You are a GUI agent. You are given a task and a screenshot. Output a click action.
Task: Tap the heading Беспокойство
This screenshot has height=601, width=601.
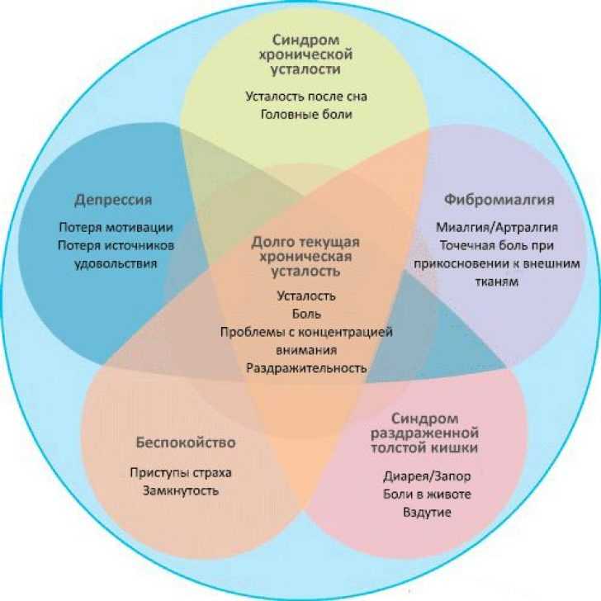pyautogui.click(x=186, y=442)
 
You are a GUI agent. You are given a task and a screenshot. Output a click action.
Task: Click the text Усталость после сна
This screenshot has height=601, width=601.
pyautogui.click(x=306, y=97)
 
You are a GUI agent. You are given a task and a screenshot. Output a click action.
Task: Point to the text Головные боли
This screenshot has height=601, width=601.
pyautogui.click(x=306, y=115)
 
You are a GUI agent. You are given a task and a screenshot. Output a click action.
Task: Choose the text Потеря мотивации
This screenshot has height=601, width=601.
pyautogui.click(x=116, y=228)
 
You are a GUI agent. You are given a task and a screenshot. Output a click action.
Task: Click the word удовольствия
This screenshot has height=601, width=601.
pyautogui.click(x=116, y=264)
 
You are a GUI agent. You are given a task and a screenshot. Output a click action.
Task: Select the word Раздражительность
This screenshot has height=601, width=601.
pyautogui.click(x=306, y=368)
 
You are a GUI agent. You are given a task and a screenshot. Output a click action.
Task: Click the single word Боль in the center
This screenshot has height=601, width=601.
pyautogui.click(x=306, y=314)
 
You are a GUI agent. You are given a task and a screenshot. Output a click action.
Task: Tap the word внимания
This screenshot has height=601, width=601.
pyautogui.click(x=306, y=350)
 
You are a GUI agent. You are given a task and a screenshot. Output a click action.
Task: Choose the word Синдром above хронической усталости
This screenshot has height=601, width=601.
pyautogui.click(x=306, y=40)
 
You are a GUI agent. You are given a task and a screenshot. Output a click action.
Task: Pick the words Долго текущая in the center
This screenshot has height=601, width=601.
pyautogui.click(x=306, y=242)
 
